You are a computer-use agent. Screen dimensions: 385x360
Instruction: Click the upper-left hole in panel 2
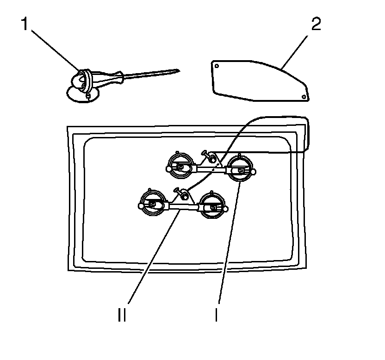(x=216, y=66)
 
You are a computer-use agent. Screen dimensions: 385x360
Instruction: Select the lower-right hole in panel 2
(x=304, y=96)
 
